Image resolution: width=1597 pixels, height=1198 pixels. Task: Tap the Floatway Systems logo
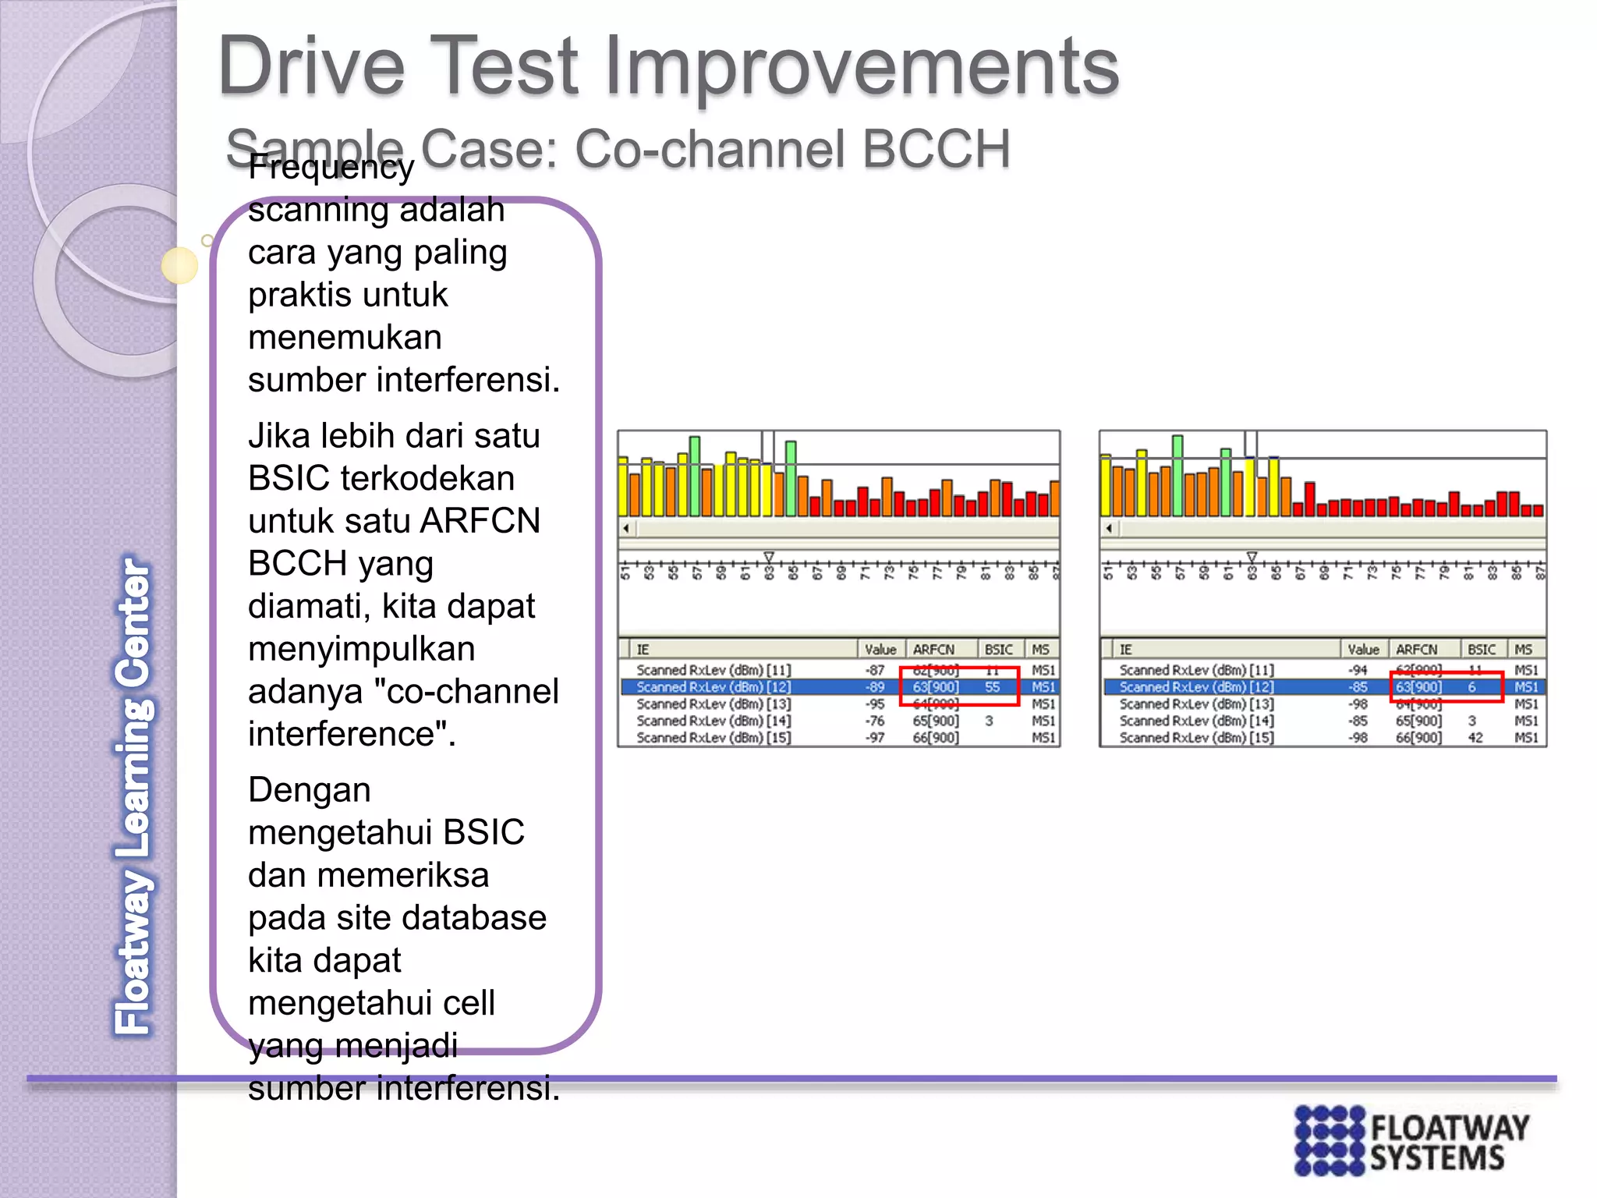[x=1411, y=1140]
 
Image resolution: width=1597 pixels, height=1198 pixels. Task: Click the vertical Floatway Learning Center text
[x=134, y=796]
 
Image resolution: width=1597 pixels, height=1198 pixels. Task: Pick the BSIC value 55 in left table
[x=992, y=687]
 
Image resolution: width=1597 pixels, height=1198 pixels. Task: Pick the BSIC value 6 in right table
[x=1472, y=687]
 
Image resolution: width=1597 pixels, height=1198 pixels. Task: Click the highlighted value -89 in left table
[x=875, y=687]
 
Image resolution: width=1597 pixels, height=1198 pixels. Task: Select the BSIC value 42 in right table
[x=1475, y=738]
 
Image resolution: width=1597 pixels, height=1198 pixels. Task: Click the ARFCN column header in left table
[x=933, y=650]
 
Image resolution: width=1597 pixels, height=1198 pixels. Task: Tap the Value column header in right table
[x=1363, y=650]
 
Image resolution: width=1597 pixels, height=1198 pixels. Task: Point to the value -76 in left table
[x=875, y=721]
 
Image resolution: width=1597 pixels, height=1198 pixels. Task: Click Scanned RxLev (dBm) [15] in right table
[x=1196, y=738]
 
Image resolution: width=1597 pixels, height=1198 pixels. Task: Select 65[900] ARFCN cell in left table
[x=936, y=721]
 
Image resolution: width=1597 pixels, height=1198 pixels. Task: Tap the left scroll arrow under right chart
[x=1109, y=529]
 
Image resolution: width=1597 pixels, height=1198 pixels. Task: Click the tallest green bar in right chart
[x=1177, y=476]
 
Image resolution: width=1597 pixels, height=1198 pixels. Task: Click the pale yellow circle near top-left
[x=180, y=266]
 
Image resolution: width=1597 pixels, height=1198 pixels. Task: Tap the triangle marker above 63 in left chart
[x=769, y=557]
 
